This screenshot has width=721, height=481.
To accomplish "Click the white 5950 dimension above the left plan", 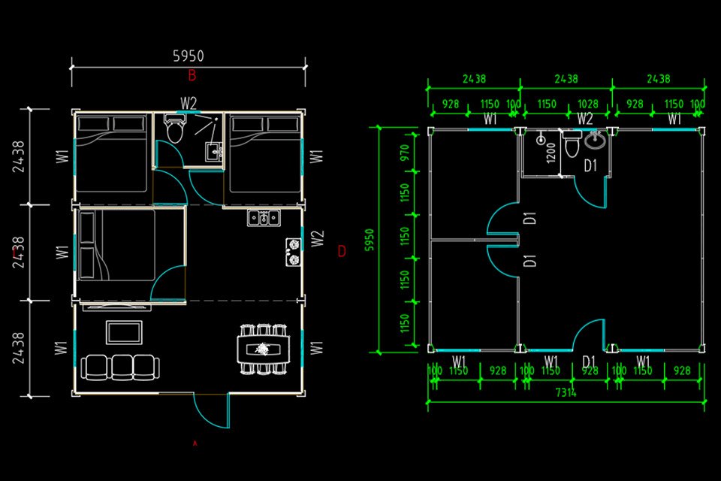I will click(189, 56).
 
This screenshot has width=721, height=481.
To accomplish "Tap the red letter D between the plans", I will click(342, 251).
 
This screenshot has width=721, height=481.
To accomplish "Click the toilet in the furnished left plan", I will click(175, 130).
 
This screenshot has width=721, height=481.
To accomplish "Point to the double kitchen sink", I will click(264, 218).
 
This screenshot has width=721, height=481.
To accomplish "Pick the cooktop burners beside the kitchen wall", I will click(292, 252).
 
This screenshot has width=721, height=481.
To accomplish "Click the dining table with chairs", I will click(263, 349).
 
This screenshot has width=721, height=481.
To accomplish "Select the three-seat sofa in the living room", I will click(120, 367).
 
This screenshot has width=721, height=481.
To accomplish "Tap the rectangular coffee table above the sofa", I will click(124, 331).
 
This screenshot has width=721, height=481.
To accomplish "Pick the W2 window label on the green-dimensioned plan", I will click(585, 118).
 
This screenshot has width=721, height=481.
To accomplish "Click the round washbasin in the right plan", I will click(596, 140).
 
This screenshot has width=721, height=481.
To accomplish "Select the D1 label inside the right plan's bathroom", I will click(590, 166).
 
